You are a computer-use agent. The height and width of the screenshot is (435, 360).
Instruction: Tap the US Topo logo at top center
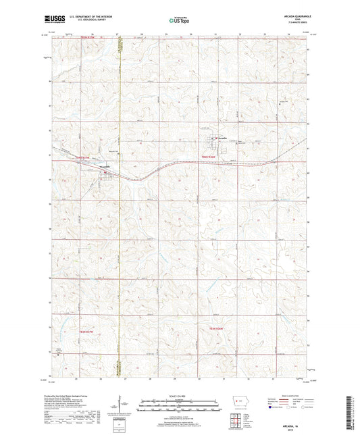(x=179, y=21)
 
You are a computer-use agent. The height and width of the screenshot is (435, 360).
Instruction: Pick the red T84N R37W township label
(x=83, y=157)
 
